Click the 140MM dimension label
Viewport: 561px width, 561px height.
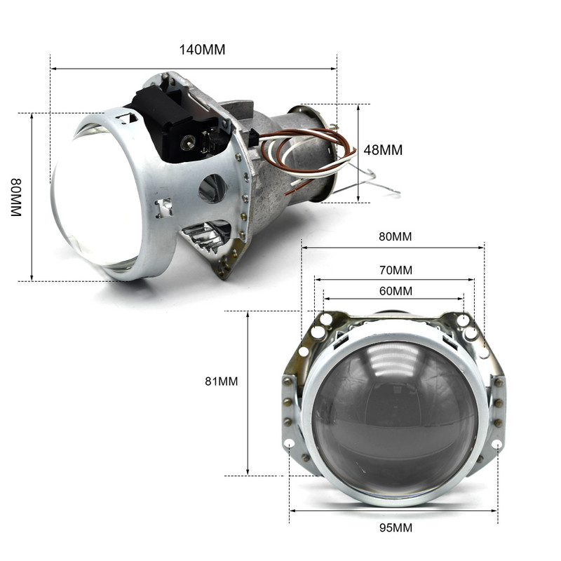(x=203, y=49)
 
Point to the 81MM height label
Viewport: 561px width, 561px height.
(x=221, y=381)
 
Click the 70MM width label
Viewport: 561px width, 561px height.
(x=395, y=269)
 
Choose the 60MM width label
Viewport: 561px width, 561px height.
(x=395, y=290)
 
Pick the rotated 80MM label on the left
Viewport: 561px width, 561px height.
(x=16, y=197)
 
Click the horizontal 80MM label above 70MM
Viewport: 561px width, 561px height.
(x=395, y=236)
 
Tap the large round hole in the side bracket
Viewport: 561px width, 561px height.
(x=212, y=188)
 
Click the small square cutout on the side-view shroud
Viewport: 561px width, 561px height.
(x=163, y=208)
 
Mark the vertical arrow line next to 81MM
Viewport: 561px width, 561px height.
(x=248, y=393)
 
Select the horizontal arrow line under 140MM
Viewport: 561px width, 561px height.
(x=193, y=69)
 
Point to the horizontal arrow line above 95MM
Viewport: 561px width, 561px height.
(x=393, y=511)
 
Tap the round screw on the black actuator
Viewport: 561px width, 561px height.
(x=187, y=142)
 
